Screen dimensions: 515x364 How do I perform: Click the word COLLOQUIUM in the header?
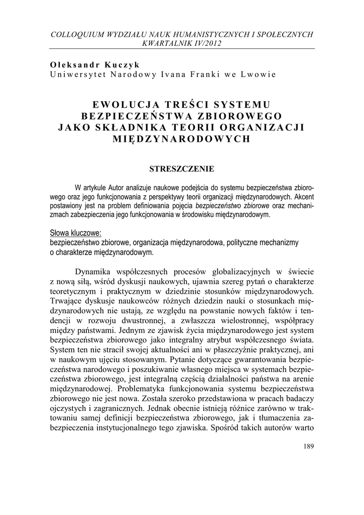[77, 34]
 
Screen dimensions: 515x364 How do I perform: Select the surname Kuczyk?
[123, 65]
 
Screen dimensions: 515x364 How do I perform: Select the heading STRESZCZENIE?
[182, 169]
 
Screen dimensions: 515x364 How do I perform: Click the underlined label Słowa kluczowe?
[76, 233]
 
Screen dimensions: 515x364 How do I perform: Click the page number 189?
[309, 448]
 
